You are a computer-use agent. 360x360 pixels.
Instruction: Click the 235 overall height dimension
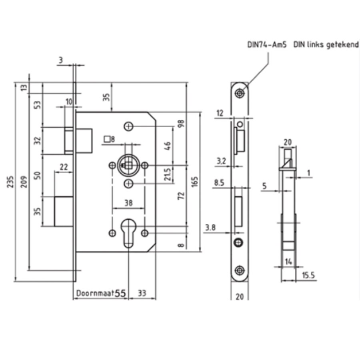10,182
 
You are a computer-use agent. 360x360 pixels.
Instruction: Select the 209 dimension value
24,182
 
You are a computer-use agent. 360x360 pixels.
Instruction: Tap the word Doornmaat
95,293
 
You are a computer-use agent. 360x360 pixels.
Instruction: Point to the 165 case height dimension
194,182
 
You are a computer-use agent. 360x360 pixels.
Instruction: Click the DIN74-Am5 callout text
267,44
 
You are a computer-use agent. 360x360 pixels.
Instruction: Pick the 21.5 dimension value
168,174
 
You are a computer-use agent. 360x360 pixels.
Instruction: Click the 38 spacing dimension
128,203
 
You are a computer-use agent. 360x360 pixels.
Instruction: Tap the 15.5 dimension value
308,275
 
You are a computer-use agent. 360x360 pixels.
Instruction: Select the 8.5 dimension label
219,183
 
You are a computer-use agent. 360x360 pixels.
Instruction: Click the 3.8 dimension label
210,228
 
